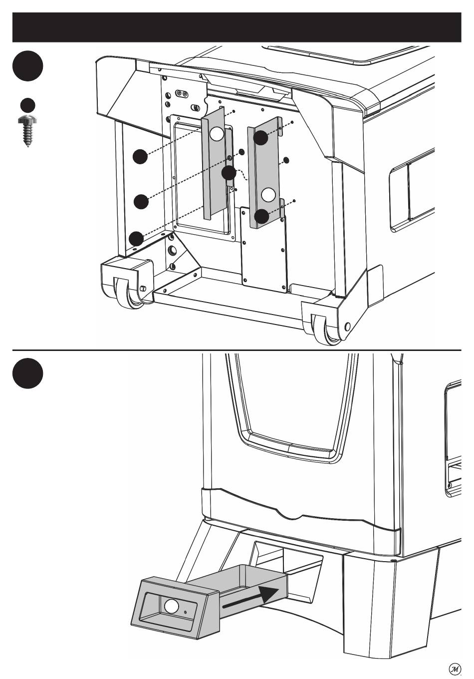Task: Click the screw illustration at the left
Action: [x=27, y=131]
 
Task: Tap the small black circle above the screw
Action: [x=27, y=105]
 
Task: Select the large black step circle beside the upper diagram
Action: [x=27, y=66]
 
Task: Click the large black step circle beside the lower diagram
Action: [x=27, y=373]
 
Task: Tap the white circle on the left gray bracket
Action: [x=217, y=134]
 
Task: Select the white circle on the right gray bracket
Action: [x=268, y=195]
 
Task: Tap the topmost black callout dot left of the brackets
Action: [x=140, y=157]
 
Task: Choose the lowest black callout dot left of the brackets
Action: [x=136, y=239]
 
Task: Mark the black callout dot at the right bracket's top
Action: [x=260, y=138]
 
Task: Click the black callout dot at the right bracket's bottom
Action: [x=261, y=217]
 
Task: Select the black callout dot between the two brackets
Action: [x=229, y=173]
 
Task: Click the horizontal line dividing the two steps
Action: [x=237, y=350]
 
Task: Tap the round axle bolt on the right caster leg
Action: [x=348, y=327]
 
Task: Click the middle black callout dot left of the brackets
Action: [x=141, y=202]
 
